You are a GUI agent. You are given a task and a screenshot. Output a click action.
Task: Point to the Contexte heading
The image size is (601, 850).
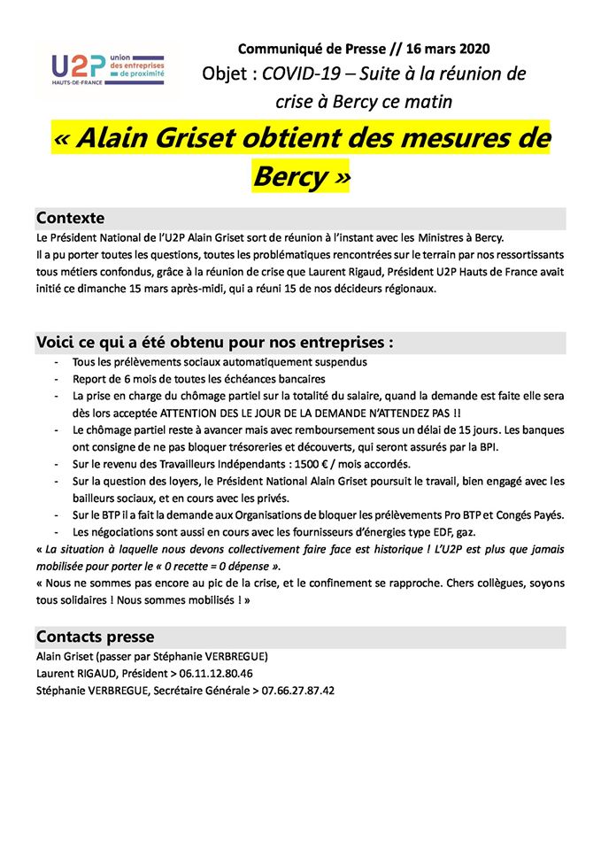(71, 218)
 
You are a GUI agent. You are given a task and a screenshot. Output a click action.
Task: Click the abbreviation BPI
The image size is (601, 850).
(512, 447)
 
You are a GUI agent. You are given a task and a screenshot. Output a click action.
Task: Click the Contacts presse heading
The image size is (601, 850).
(95, 637)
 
